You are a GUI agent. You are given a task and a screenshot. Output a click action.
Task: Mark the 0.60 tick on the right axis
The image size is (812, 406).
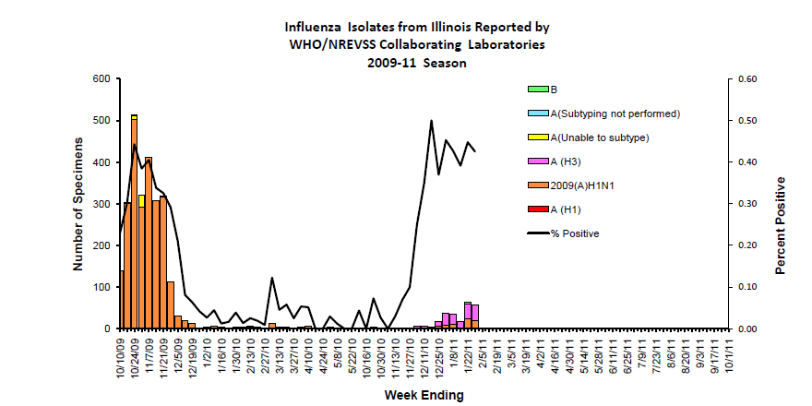(744, 79)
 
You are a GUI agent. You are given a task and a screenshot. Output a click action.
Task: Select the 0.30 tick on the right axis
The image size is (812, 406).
(744, 204)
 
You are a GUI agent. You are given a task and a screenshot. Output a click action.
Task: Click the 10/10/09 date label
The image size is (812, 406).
(122, 355)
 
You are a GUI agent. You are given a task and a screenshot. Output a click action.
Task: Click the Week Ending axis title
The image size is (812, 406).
(424, 394)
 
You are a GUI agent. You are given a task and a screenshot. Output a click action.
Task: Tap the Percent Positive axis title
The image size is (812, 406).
(780, 204)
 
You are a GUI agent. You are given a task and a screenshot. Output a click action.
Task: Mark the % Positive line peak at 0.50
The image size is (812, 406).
(431, 121)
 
